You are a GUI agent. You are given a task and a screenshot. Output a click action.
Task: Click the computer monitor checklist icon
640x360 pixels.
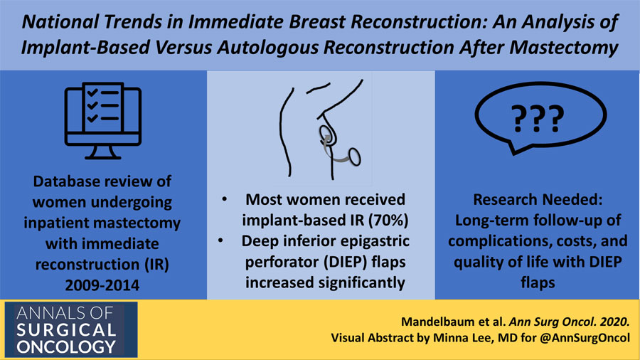[103, 121]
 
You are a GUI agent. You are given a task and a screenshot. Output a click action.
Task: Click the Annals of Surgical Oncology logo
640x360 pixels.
[71, 330]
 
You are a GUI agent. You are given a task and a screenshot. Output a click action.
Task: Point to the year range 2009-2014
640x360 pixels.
[102, 285]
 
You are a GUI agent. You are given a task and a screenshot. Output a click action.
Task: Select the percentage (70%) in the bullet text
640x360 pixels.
[388, 221]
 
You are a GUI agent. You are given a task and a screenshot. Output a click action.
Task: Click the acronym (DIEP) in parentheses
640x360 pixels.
[346, 262]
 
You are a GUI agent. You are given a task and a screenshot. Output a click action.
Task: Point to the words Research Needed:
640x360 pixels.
[538, 200]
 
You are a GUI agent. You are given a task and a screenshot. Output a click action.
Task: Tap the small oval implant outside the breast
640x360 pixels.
[354, 157]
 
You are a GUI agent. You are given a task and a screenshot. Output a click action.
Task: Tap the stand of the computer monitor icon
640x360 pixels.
[103, 153]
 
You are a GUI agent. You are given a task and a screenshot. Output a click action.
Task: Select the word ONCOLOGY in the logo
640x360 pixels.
[66, 347]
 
